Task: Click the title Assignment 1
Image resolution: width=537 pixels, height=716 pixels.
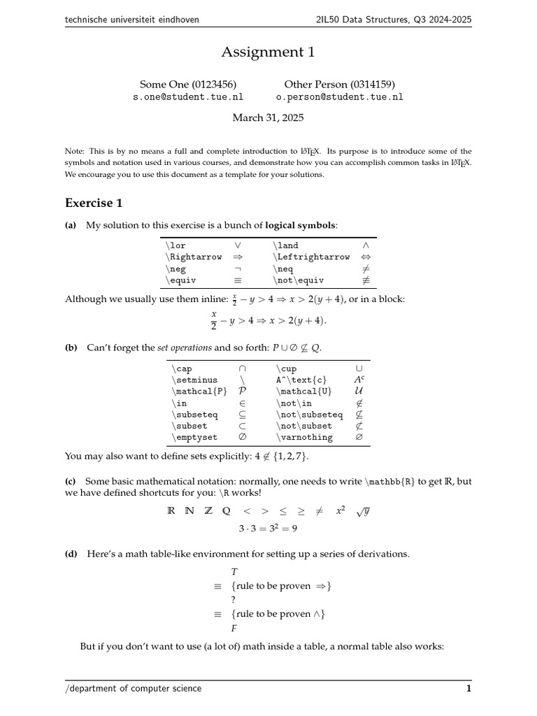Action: (x=268, y=52)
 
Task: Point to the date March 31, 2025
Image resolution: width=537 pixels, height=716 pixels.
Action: (x=268, y=118)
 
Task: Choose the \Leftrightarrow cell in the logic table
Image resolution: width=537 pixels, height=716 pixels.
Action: (x=311, y=257)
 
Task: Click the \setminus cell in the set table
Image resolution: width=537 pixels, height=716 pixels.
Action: (x=194, y=380)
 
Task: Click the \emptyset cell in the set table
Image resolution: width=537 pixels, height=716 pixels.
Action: (x=194, y=438)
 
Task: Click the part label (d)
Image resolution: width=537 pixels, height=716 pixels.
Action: (x=71, y=554)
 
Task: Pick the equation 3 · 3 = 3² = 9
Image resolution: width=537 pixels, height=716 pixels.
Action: (x=268, y=529)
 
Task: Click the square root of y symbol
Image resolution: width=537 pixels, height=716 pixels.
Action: (x=361, y=511)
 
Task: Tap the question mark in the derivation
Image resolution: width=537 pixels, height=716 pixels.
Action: (x=234, y=600)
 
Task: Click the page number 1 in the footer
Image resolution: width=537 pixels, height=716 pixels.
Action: (x=468, y=689)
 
